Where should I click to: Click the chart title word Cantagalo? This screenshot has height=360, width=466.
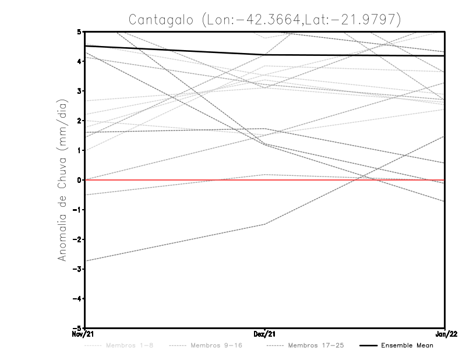[x=160, y=19]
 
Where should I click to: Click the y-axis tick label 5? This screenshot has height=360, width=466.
[x=79, y=31]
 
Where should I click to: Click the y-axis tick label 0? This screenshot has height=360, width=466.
[x=79, y=180]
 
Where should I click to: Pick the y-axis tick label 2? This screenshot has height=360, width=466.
[x=79, y=121]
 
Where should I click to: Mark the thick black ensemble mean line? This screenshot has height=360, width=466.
[x=175, y=50]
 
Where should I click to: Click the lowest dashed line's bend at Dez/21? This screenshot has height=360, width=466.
[x=265, y=224]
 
